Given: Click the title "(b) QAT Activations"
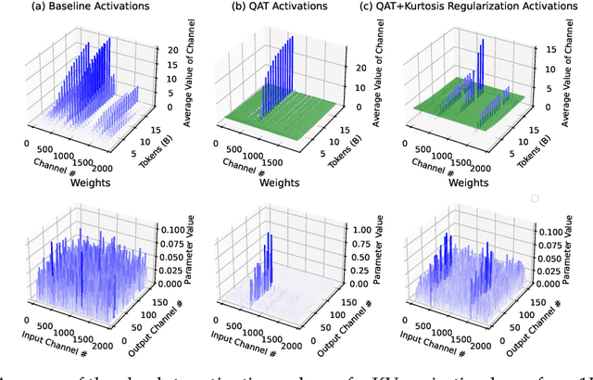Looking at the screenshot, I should click(281, 9).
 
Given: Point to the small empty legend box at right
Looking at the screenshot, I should click(533, 199).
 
